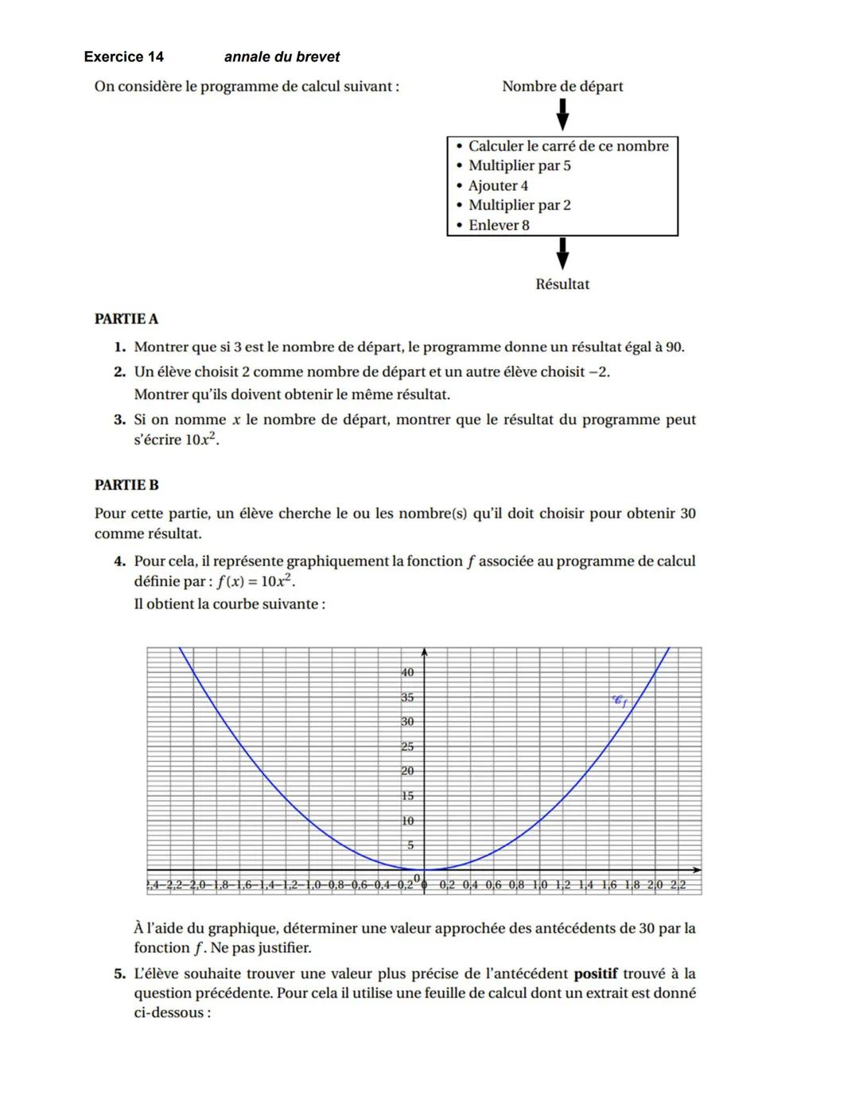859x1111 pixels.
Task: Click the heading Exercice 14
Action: [x=123, y=56]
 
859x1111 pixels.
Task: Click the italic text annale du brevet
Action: [x=282, y=56]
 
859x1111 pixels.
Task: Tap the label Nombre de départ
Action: [x=562, y=86]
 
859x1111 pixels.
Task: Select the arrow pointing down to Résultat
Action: [x=562, y=254]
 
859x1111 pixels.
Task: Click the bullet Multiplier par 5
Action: [x=519, y=165]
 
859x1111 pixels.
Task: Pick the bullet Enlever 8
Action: [x=498, y=225]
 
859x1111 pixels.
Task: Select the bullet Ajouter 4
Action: [x=497, y=185]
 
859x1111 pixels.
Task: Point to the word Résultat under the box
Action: [x=562, y=284]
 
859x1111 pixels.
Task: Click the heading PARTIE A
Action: [x=126, y=319]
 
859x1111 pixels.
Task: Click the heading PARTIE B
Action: [x=126, y=484]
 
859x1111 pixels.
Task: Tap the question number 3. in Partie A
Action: [x=119, y=419]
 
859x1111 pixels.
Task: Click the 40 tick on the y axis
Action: [x=407, y=672]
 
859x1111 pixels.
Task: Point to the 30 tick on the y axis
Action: [x=407, y=721]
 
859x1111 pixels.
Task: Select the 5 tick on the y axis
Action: [x=410, y=845]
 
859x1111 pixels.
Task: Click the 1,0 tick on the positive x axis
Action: [x=539, y=884]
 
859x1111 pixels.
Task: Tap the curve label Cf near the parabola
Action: [x=620, y=701]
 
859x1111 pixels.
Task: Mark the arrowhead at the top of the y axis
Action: [x=425, y=652]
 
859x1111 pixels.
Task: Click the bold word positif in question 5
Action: [x=595, y=973]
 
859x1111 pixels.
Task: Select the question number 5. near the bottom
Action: [x=119, y=973]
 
